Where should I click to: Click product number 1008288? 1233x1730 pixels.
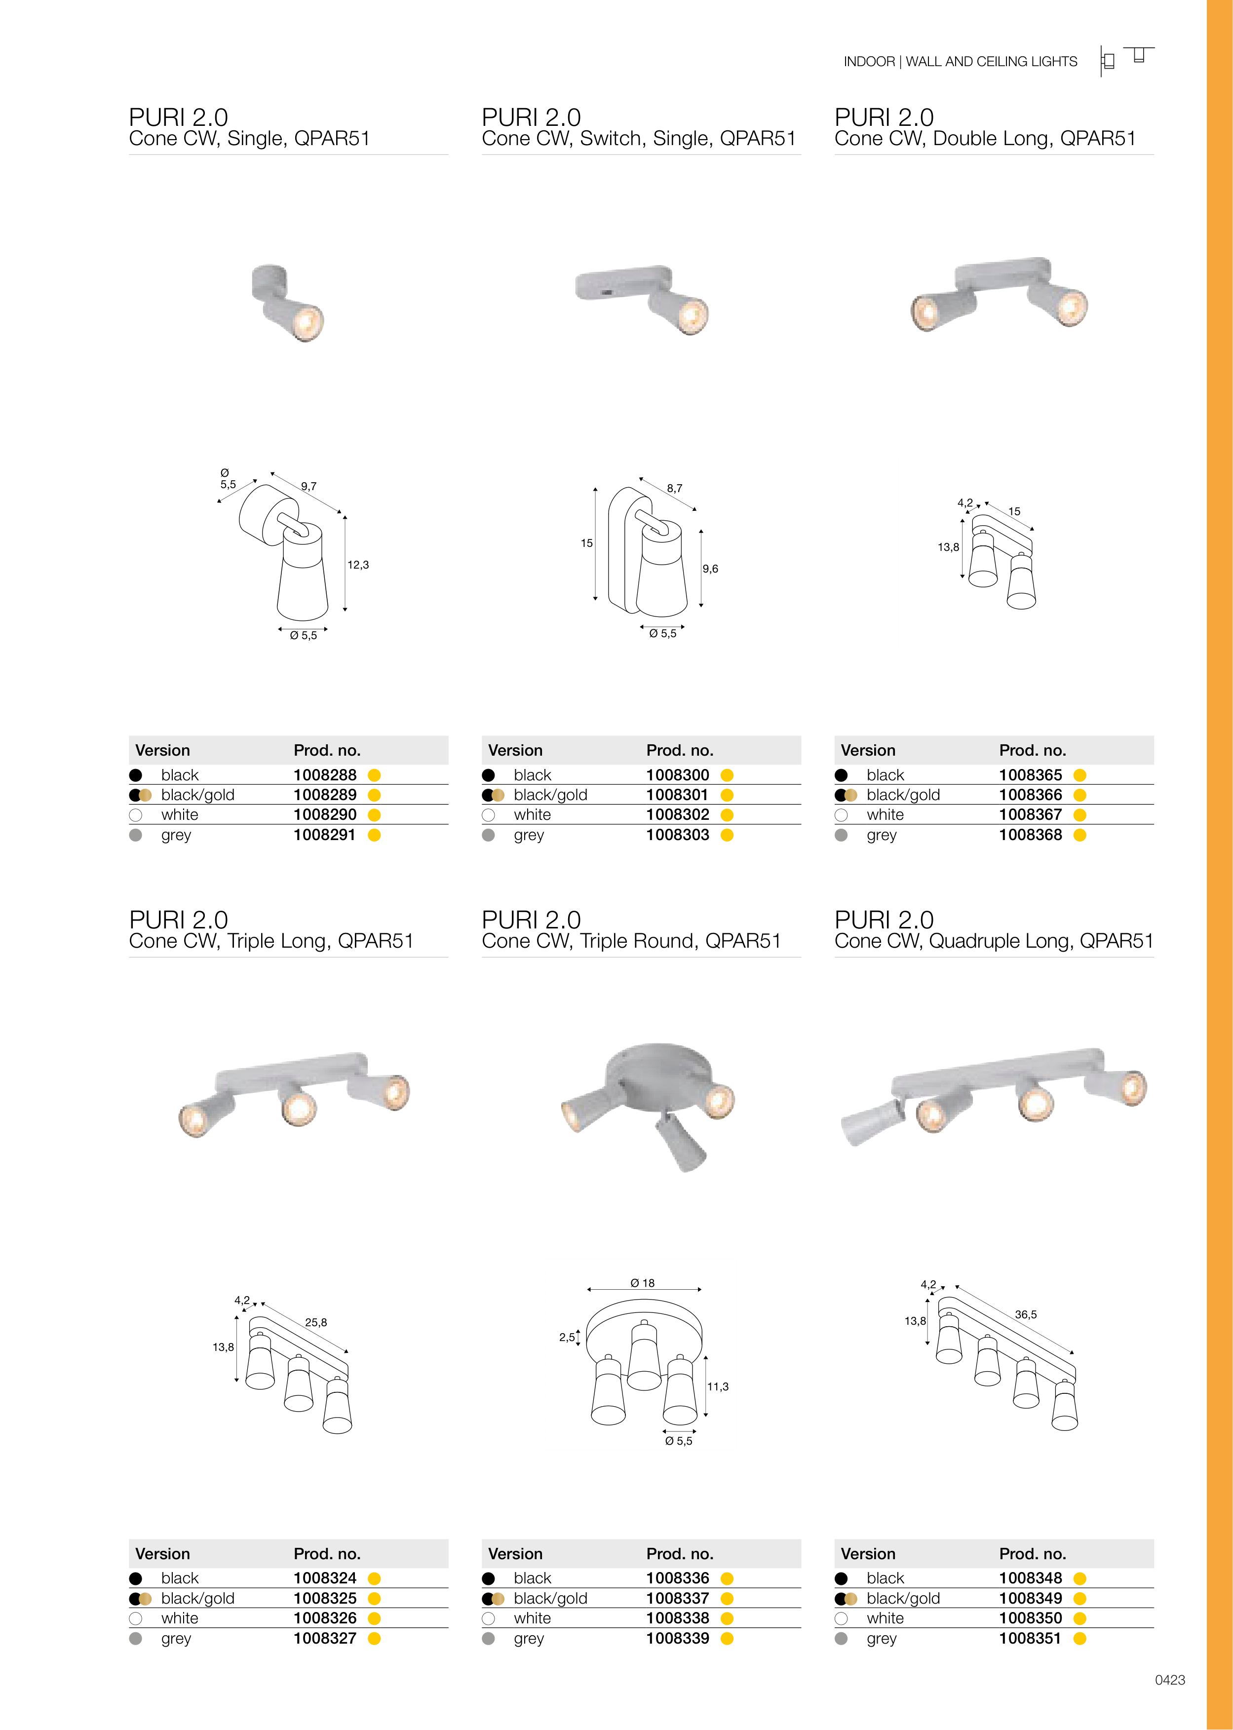[x=325, y=775]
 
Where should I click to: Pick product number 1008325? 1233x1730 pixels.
[x=325, y=1598]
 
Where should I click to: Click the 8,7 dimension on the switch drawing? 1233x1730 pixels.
[x=674, y=488]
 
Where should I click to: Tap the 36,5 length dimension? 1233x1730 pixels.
[x=1026, y=1314]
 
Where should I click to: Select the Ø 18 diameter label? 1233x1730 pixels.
[x=642, y=1283]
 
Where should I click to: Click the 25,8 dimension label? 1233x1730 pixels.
[x=316, y=1322]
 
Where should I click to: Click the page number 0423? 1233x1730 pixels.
[x=1170, y=1680]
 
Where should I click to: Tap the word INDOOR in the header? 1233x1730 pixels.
[x=869, y=62]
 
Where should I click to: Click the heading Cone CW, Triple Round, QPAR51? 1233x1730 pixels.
[x=631, y=941]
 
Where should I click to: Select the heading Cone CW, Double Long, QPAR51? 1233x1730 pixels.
[x=985, y=138]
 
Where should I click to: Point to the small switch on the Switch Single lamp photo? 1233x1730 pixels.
[x=608, y=292]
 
